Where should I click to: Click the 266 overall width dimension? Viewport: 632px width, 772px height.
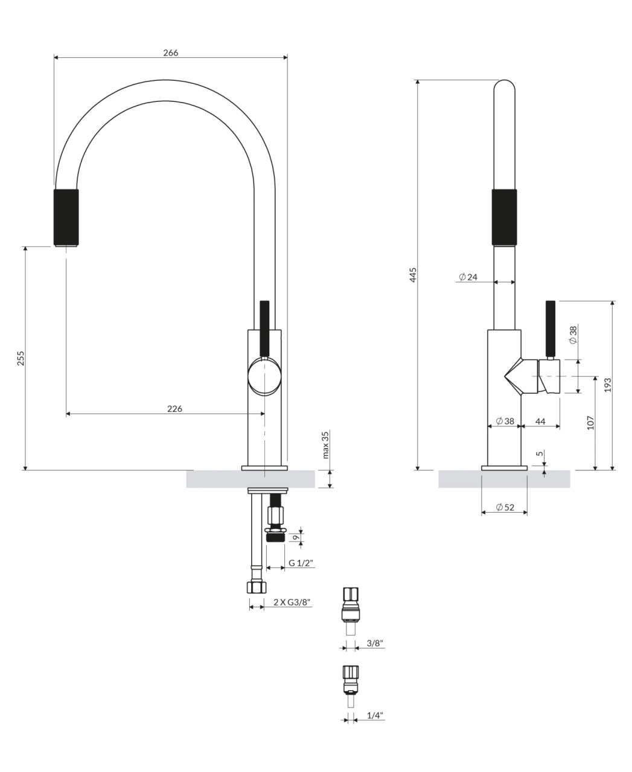pos(171,52)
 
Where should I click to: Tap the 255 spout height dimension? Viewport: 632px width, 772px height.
pos(21,358)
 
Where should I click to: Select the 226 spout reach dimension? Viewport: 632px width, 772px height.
pos(175,408)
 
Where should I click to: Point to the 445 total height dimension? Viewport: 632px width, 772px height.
pos(413,274)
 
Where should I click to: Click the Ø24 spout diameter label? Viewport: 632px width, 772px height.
pos(468,277)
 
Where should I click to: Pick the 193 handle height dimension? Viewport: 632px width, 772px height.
pos(608,385)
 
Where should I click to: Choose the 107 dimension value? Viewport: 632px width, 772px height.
pos(590,422)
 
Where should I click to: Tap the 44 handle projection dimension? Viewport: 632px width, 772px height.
pos(540,422)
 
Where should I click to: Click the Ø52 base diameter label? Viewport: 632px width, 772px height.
pos(505,507)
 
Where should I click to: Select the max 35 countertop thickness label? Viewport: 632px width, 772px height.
pos(325,445)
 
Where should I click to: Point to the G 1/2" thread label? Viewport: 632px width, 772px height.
pos(301,563)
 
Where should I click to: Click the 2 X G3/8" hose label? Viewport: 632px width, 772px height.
pos(292,602)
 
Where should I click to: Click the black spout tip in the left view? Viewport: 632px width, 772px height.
pos(66,218)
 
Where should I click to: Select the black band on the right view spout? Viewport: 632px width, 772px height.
pos(504,218)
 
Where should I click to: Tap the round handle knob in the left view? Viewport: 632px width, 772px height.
pos(264,376)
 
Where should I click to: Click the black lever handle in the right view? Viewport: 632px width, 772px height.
pos(551,328)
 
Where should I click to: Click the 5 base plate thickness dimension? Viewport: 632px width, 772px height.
pos(540,454)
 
